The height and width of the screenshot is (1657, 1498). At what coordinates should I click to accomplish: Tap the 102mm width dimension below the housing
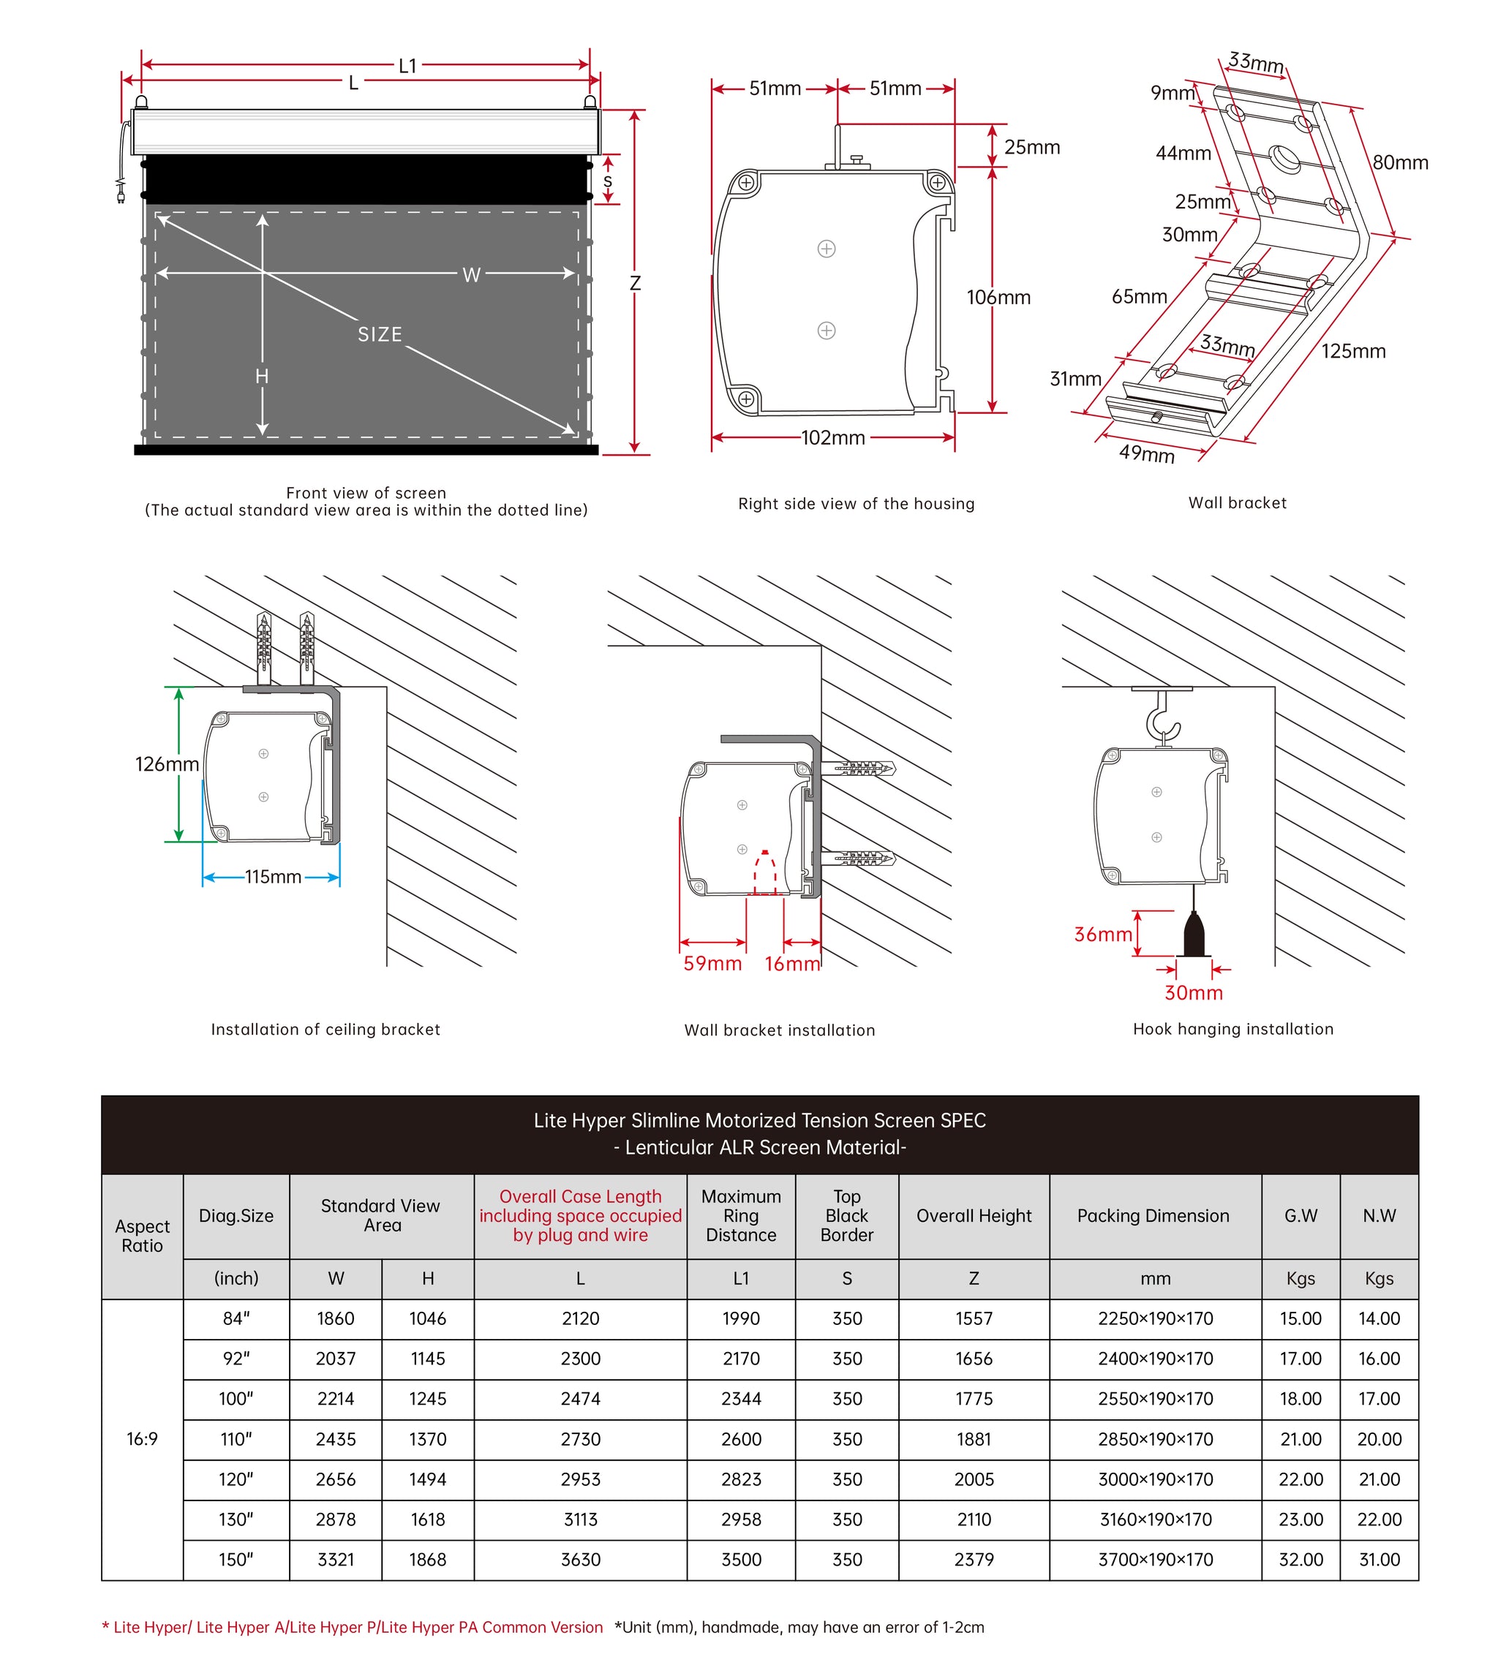tap(832, 438)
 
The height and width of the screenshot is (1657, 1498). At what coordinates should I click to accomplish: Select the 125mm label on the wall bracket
tap(1352, 352)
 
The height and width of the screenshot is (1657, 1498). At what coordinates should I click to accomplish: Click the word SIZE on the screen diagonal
tap(379, 334)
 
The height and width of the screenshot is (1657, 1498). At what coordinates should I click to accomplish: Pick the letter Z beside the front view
tap(634, 284)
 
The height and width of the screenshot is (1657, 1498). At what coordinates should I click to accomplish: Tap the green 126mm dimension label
tap(166, 764)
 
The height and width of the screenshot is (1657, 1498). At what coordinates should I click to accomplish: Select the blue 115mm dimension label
tap(272, 877)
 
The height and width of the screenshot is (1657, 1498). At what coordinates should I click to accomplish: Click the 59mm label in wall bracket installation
tap(712, 963)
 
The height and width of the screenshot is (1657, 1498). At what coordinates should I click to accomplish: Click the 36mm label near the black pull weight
tap(1102, 935)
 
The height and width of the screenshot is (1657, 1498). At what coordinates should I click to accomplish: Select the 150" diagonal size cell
tap(236, 1559)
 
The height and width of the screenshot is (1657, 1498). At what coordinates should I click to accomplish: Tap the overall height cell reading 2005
tap(973, 1479)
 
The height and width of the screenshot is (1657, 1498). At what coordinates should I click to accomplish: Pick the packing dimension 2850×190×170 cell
tap(1154, 1439)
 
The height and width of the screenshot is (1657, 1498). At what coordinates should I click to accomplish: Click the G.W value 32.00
tap(1300, 1559)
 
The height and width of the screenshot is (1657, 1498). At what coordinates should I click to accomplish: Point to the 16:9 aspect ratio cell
tap(141, 1439)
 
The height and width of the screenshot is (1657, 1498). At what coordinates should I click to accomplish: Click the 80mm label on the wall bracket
tap(1399, 163)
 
